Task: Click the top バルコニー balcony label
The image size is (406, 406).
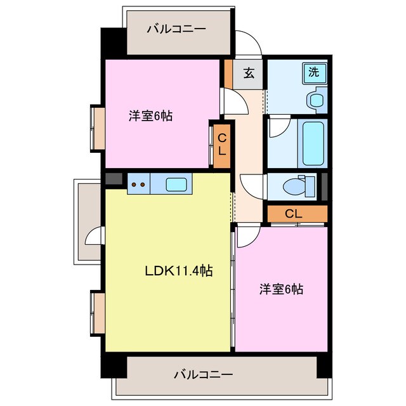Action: coord(167,29)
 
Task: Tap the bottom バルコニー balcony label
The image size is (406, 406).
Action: coord(203,374)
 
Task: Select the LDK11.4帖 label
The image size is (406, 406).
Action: coord(178,271)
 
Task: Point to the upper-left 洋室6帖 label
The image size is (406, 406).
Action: coord(150,115)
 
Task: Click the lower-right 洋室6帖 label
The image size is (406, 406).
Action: coord(281,289)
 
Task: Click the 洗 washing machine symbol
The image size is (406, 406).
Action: coord(313,72)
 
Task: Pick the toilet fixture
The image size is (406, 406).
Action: coord(299,187)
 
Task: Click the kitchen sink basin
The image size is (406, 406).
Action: coord(176,185)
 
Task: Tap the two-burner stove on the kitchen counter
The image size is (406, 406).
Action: coord(138,185)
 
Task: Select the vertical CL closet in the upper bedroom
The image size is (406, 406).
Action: coord(222,145)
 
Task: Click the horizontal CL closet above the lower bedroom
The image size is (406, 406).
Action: coord(293,214)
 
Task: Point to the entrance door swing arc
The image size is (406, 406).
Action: coord(249,43)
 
